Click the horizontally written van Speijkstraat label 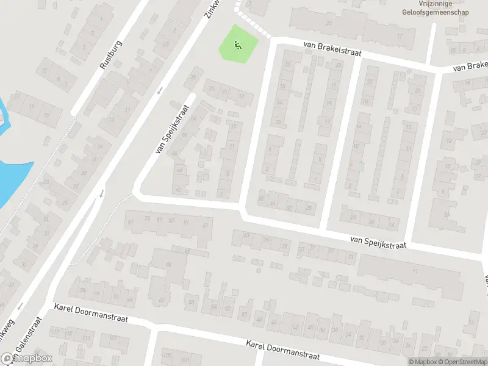pyautogui.click(x=378, y=242)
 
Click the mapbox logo pyautogui.click(x=26, y=359)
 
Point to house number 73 pyautogui.click(x=147, y=218)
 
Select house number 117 pyautogui.click(x=56, y=332)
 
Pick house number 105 pyautogui.click(x=164, y=355)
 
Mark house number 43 pyautogui.click(x=246, y=235)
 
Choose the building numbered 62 pyautogui.click(x=161, y=300)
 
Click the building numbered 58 pyautogui.click(x=191, y=302)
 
